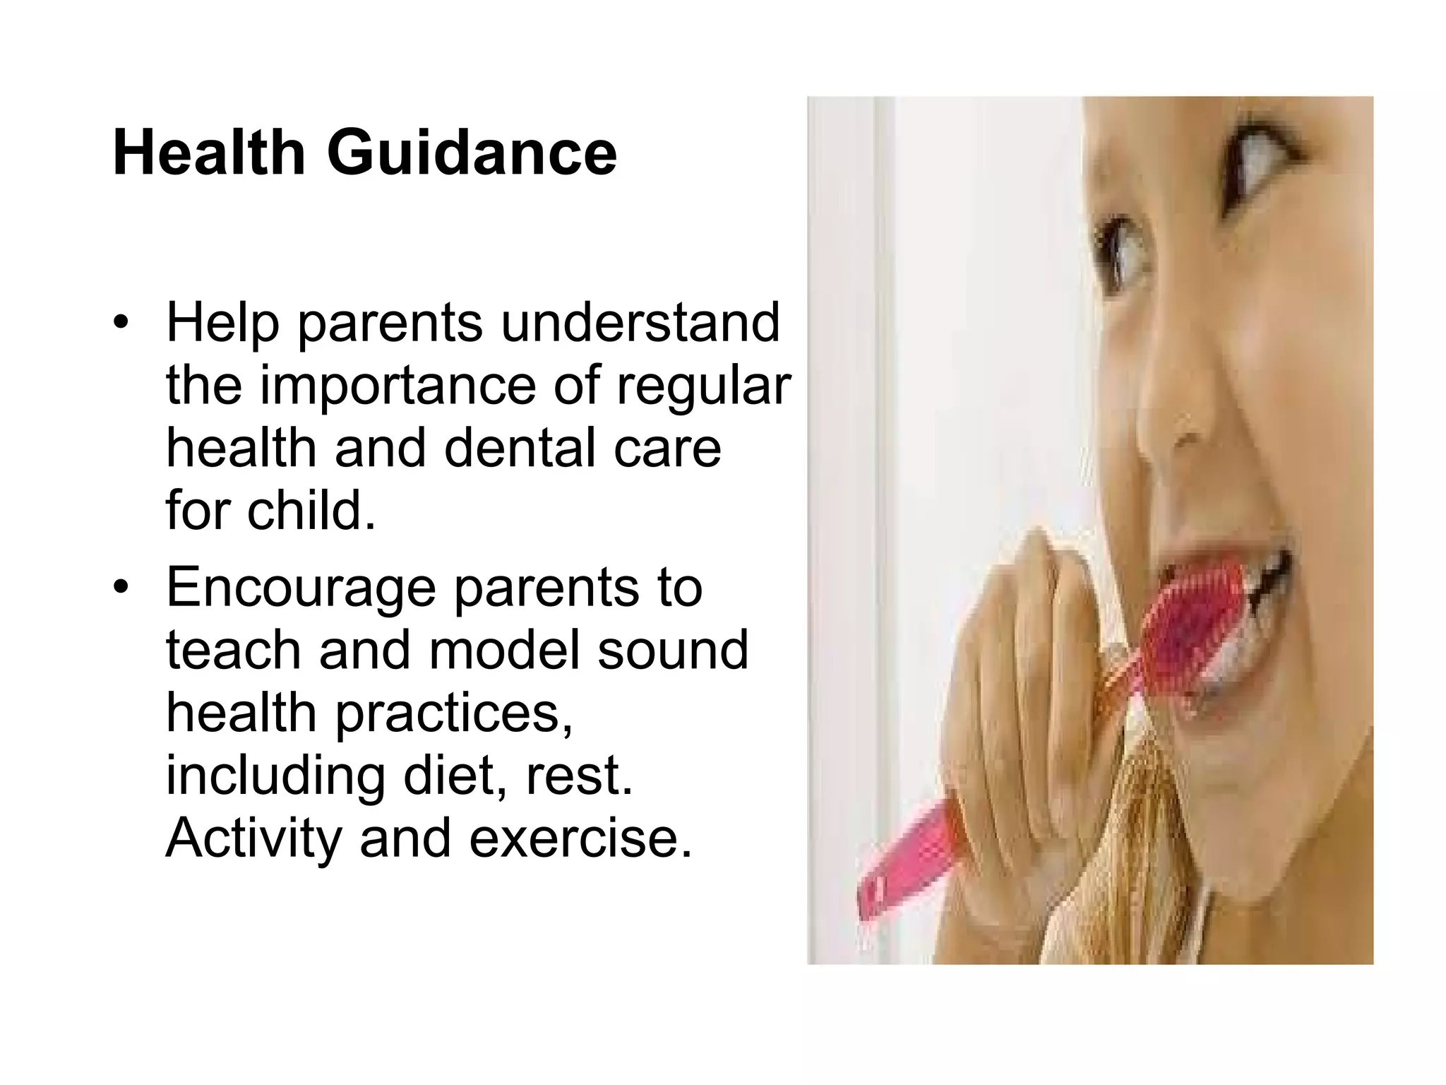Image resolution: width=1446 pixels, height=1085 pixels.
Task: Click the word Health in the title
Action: click(x=209, y=153)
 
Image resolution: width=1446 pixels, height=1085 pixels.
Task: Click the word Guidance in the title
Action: click(x=471, y=153)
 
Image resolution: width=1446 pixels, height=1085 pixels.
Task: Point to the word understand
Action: click(x=640, y=323)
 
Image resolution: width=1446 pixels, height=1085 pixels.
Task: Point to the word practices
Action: click(x=453, y=713)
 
